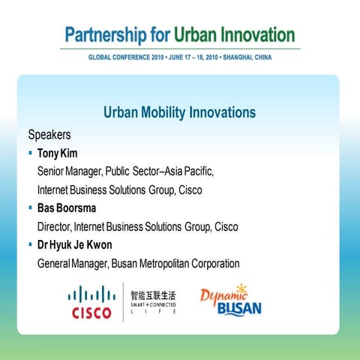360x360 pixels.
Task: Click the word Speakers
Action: (49, 136)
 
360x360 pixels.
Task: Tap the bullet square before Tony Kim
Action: (31, 154)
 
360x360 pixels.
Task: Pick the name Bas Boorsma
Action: (66, 208)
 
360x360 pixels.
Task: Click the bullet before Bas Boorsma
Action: (31, 208)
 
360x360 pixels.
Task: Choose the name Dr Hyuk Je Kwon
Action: (76, 244)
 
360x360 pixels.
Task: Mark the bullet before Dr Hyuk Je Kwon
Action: (31, 244)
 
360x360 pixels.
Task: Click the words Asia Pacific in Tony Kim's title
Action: (189, 172)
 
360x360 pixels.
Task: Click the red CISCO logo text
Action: (91, 313)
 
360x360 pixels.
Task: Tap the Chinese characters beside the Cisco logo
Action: (154, 295)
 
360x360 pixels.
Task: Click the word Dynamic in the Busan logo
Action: (219, 295)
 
